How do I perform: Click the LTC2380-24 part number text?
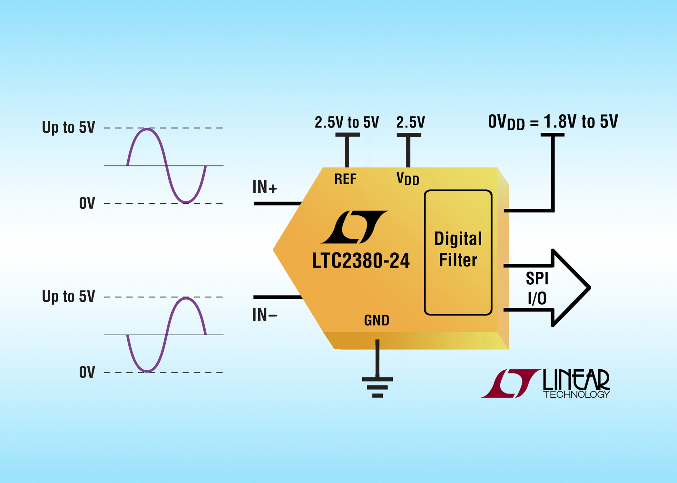(361, 261)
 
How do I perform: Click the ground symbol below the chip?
(377, 386)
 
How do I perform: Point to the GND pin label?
(377, 320)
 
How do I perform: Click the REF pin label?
(345, 179)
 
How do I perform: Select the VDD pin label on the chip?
(407, 179)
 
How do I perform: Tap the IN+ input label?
(264, 187)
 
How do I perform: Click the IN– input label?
(264, 315)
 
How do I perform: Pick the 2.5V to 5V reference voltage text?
(347, 122)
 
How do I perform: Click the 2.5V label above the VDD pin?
(410, 122)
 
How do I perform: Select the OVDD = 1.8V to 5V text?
(553, 122)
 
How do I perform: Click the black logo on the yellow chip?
(355, 227)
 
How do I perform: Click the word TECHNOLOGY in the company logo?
(576, 394)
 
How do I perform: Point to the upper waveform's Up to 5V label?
(68, 127)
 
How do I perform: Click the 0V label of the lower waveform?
(87, 372)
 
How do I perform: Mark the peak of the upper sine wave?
(147, 129)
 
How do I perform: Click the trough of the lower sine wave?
(147, 371)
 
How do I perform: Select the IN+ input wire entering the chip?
(277, 204)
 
